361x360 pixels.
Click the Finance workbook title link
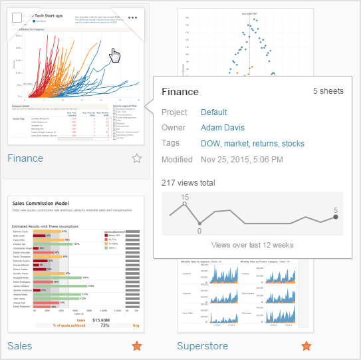coord(25,158)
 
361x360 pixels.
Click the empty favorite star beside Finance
coord(136,158)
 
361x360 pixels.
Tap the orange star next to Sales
coord(136,346)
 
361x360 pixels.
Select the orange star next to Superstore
coord(306,346)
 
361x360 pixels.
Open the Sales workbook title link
coord(20,346)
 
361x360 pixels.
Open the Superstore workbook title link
coord(202,346)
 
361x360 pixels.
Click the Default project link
coord(214,112)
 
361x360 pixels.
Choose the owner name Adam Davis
coord(223,128)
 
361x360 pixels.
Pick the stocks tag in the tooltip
coord(293,144)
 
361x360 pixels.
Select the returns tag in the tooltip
coord(264,144)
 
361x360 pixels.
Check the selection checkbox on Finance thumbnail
coord(18,18)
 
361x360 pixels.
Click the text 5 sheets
coord(328,90)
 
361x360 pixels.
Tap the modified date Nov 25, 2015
coord(243,160)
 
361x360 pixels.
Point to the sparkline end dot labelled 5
coord(336,216)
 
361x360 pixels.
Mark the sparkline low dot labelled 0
coord(199,224)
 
